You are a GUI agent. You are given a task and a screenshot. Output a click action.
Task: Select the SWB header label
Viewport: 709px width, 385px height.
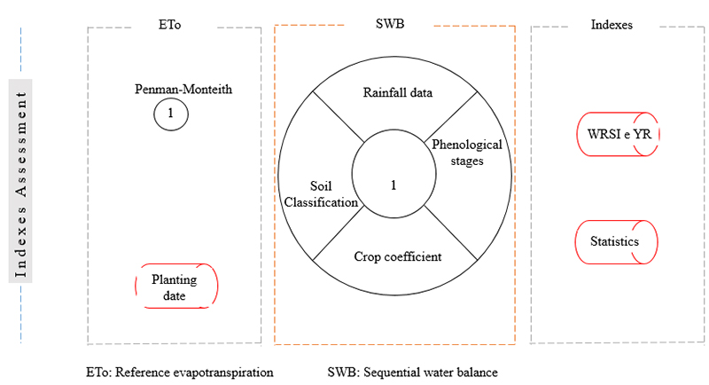(393, 25)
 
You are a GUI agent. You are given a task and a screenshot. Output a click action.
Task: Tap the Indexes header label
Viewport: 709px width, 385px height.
(611, 25)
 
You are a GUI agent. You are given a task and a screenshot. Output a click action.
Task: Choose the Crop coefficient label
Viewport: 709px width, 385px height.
(397, 257)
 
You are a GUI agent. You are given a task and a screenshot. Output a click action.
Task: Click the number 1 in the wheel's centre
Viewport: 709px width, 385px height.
(393, 185)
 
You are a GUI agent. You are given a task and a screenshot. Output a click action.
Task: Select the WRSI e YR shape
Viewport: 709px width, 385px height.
(618, 134)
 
